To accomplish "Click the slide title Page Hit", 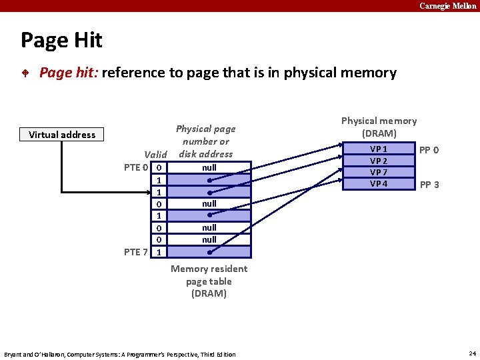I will click(x=61, y=41).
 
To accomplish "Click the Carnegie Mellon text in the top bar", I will click(x=447, y=5).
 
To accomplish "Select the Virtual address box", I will click(x=62, y=135).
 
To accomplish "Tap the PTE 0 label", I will click(x=136, y=167).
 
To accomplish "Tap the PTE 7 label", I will click(x=136, y=251).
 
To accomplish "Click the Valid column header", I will click(x=155, y=155).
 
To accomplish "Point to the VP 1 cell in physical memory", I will click(x=379, y=149).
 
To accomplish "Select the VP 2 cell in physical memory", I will click(x=379, y=161).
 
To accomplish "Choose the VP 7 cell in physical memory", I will click(x=379, y=172).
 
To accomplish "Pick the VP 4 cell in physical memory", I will click(x=379, y=183).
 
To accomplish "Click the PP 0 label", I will click(x=429, y=150).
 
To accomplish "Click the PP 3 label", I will click(x=429, y=185).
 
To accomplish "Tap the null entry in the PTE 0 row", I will click(x=209, y=167).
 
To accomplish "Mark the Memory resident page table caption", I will click(x=209, y=281).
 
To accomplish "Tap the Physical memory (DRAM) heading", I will click(x=379, y=127).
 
